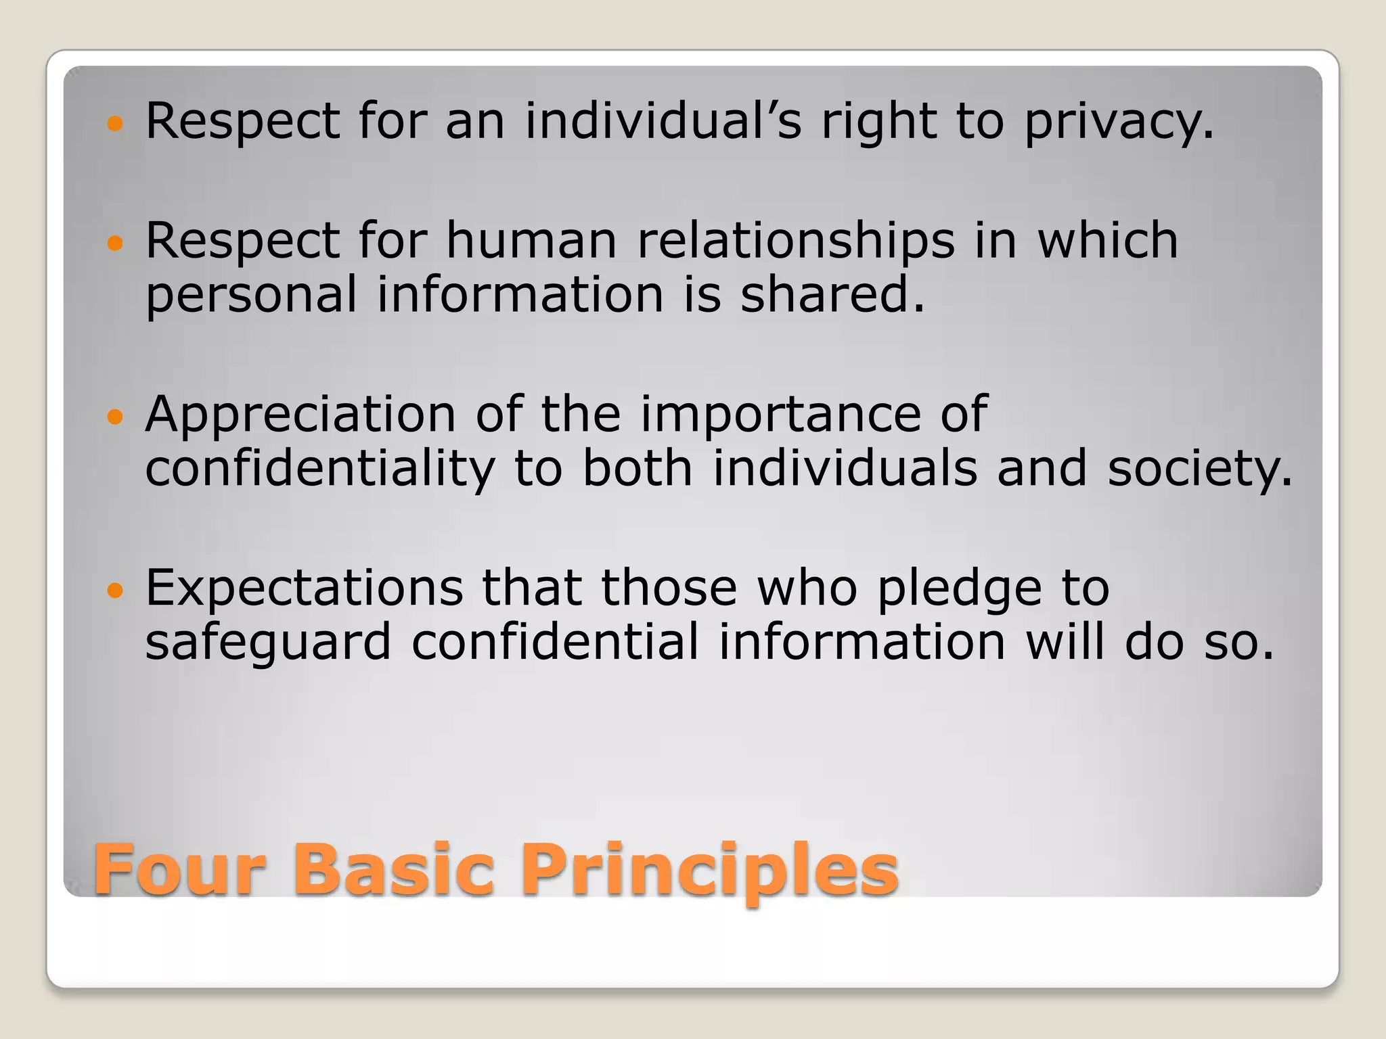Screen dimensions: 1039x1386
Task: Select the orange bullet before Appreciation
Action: (116, 417)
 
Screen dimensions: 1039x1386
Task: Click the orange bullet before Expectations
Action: (116, 591)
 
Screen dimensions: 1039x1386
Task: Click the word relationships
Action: (796, 241)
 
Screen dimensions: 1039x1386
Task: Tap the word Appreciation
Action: (300, 415)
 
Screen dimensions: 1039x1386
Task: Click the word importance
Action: (780, 415)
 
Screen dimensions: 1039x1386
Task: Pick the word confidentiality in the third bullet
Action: (320, 469)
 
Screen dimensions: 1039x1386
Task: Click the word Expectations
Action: (305, 588)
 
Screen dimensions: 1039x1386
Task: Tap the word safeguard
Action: (268, 643)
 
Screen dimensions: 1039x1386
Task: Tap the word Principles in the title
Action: (709, 871)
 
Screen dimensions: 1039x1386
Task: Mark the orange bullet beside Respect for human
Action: (116, 244)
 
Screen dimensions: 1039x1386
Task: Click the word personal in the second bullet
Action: (251, 296)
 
